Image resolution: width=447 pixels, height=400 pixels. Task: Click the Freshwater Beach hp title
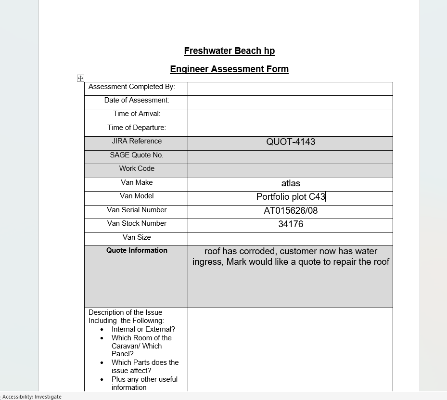[229, 51]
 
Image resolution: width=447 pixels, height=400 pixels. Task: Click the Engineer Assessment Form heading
[229, 69]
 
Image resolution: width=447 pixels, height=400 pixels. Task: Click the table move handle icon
[80, 78]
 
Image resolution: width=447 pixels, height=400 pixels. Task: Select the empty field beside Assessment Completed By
[290, 89]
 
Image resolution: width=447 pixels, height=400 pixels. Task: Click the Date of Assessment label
[137, 100]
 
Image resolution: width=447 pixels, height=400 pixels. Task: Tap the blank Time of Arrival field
[290, 116]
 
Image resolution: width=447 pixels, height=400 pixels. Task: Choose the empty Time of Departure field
[290, 129]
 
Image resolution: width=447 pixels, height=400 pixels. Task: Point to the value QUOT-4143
[291, 142]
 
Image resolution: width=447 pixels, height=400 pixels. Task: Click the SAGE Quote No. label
[137, 155]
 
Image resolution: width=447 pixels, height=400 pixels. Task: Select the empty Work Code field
[290, 170]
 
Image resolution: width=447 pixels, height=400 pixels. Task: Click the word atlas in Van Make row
[291, 183]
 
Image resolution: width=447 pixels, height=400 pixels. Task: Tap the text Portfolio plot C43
[291, 197]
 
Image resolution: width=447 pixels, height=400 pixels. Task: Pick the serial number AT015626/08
[291, 211]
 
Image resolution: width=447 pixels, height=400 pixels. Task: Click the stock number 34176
[291, 224]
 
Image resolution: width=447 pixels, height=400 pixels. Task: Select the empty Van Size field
[290, 239]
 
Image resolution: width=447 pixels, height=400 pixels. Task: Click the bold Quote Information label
[137, 250]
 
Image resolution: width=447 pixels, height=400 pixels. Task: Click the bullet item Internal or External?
[143, 329]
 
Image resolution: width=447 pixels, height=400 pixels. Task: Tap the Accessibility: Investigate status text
[32, 397]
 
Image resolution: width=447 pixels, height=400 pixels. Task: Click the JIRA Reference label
[137, 141]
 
